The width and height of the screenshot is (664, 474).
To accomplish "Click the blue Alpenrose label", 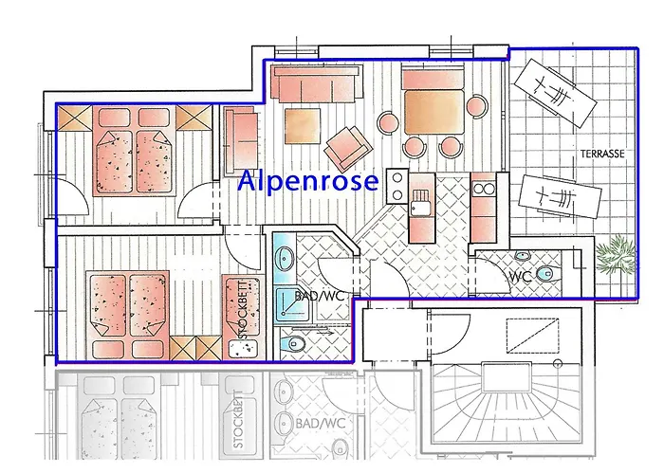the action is [x=308, y=181].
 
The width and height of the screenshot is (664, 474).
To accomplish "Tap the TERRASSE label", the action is [x=602, y=154].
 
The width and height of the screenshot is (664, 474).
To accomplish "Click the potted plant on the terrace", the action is [x=616, y=256].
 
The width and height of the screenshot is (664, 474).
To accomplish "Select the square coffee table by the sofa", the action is [x=303, y=126].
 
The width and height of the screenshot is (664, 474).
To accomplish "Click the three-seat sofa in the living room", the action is [x=317, y=83].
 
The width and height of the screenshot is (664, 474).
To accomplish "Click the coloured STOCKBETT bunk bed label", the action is [x=249, y=308].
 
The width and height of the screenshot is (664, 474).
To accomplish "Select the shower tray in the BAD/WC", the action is [x=291, y=304].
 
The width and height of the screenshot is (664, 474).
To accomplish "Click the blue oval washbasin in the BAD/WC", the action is [x=284, y=259].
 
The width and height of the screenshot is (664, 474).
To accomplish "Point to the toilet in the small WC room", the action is [x=547, y=274].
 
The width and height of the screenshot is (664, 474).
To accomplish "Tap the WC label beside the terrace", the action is [x=520, y=277].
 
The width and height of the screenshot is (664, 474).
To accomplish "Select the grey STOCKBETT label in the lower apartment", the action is [x=238, y=419].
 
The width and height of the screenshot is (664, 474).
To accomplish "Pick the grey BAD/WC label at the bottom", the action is [x=321, y=423].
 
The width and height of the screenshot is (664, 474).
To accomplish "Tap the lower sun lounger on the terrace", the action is [x=560, y=196].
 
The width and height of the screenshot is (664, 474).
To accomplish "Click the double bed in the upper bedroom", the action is [x=135, y=151].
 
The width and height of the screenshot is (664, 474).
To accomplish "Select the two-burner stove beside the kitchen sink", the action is [x=397, y=187].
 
